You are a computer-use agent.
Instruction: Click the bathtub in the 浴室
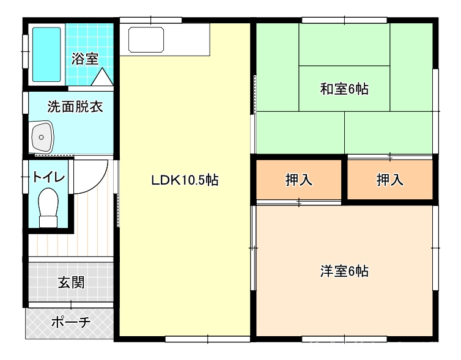[x=46, y=54]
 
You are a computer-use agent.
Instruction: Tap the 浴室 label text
[x=85, y=59]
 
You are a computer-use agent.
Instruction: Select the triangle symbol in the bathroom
[x=102, y=77]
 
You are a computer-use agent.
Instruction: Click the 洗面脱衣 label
[x=75, y=106]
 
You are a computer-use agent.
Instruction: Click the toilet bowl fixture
[x=48, y=207]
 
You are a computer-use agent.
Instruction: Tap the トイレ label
[x=48, y=177]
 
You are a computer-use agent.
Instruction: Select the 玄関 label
[x=71, y=282]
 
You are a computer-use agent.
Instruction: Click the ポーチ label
[x=71, y=322]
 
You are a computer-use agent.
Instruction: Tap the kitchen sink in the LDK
[x=146, y=40]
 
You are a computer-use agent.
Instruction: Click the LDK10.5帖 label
[x=185, y=180]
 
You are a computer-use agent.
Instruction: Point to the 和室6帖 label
[x=344, y=89]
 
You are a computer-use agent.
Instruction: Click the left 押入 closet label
[x=299, y=180]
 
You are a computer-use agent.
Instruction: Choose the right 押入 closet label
[x=390, y=180]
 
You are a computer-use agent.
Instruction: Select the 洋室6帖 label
[x=344, y=271]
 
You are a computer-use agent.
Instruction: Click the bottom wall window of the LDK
[x=207, y=339]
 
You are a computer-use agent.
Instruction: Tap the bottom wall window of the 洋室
[x=344, y=339]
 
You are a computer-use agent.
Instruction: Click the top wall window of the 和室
[x=344, y=20]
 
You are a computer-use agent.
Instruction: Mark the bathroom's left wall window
[x=26, y=51]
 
